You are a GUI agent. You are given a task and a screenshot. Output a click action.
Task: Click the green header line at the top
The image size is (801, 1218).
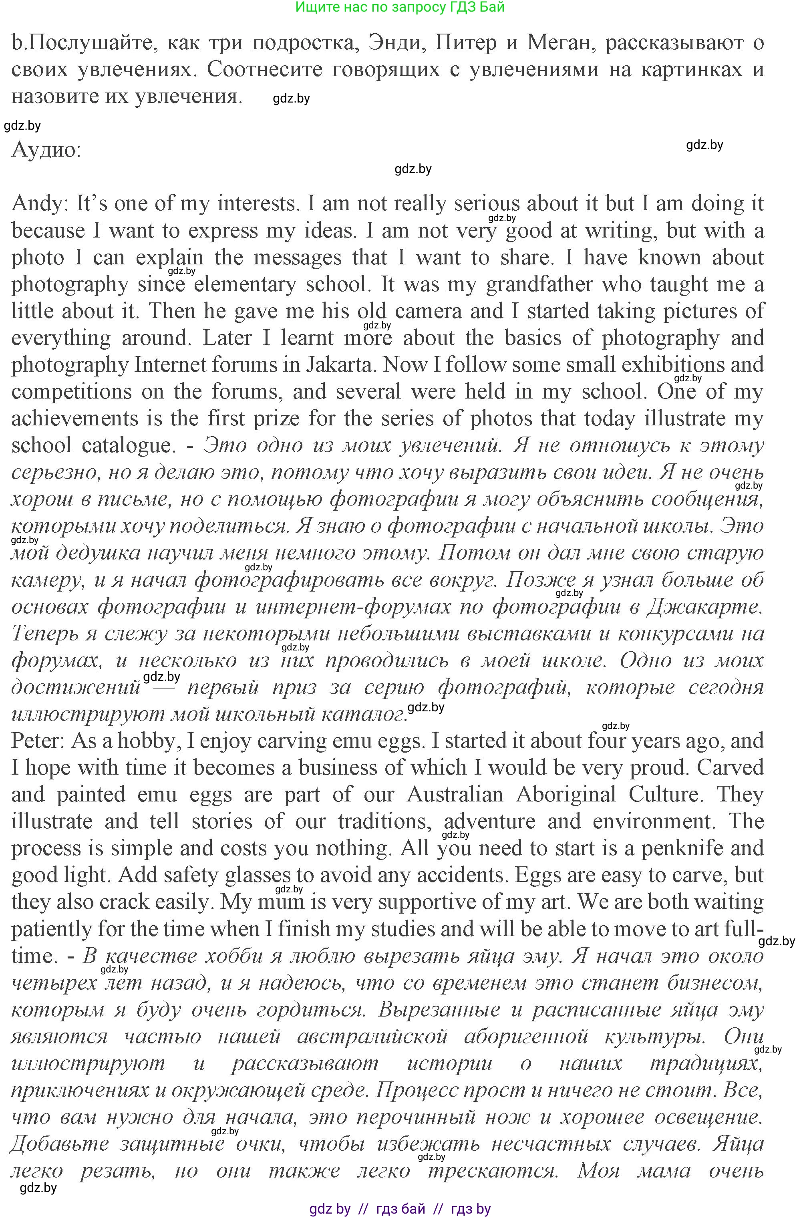tap(400, 7)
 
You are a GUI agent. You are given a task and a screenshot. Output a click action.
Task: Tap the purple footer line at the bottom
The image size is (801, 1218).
tap(400, 1209)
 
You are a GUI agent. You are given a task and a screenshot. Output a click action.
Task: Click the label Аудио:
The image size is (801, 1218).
tap(46, 149)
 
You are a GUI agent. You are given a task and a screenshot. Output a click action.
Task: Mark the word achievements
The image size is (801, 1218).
tap(74, 419)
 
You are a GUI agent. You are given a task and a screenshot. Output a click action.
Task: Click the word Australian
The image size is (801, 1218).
tap(455, 795)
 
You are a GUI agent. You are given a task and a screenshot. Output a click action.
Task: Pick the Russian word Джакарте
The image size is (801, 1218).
tap(704, 607)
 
